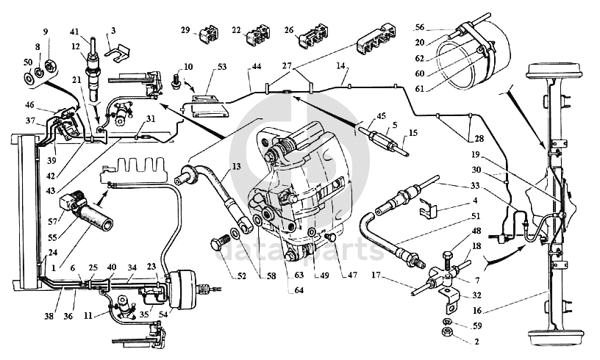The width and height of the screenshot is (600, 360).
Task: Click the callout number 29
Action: click(185, 30)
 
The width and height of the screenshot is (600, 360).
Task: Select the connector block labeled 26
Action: click(314, 37)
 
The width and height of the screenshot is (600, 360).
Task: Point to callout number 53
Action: click(222, 67)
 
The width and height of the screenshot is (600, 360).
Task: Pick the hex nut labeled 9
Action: click(50, 65)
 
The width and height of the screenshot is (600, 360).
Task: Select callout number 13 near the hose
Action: click(237, 166)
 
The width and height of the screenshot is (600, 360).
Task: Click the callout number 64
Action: click(299, 290)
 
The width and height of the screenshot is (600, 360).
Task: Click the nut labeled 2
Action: click(446, 332)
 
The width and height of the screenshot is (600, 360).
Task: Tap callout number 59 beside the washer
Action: click(476, 326)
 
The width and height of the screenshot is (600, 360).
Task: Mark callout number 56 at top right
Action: click(420, 27)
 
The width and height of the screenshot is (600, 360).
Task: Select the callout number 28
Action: click(479, 138)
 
